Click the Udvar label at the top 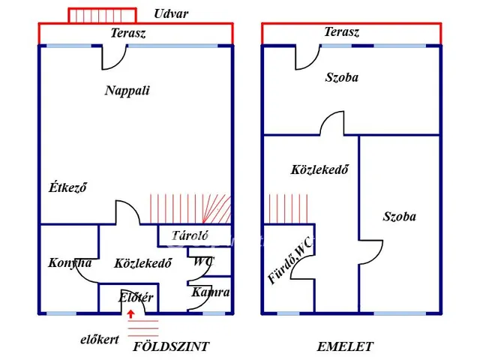[171, 13]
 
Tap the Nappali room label [127, 91]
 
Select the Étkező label [67, 187]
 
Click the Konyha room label [70, 262]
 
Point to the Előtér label [136, 298]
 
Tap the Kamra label [211, 292]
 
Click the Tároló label [190, 235]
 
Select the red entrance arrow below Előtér [130, 315]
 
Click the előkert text [100, 340]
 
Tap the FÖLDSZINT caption [171, 346]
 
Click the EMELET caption [345, 346]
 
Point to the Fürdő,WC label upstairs [290, 260]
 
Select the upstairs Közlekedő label [319, 169]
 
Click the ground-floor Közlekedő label [143, 263]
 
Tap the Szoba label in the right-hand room [399, 217]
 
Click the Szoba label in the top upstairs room [341, 77]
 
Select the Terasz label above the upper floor [341, 32]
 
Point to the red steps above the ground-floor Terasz [102, 15]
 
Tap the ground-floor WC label [203, 262]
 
